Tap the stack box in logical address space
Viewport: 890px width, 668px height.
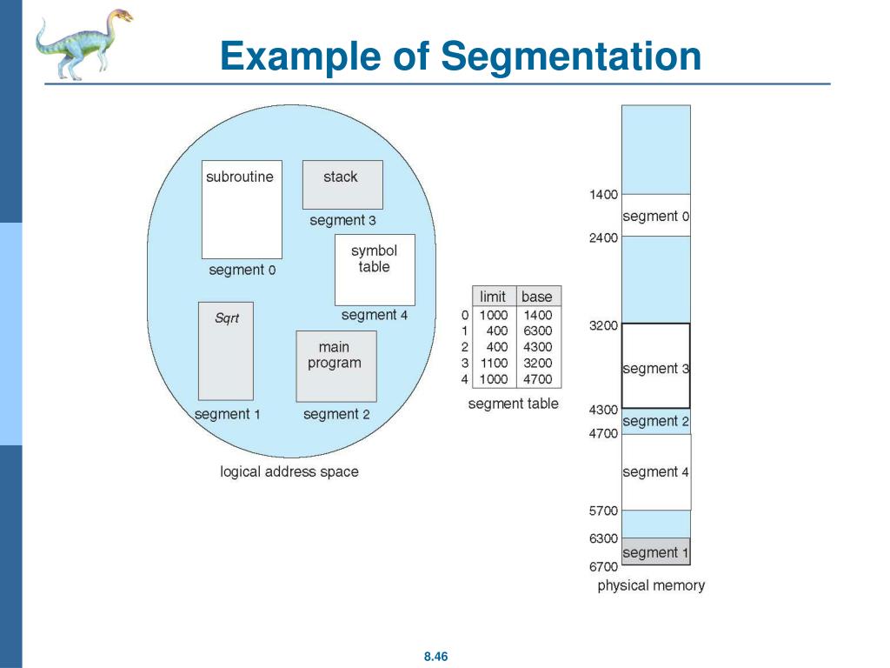coord(342,184)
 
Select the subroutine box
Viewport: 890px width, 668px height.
coord(241,209)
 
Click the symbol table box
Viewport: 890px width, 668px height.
coord(375,269)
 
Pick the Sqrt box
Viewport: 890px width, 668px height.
coord(226,350)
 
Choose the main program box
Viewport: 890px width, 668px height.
coord(335,364)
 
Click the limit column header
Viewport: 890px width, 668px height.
coord(493,297)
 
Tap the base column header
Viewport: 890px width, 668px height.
coord(537,297)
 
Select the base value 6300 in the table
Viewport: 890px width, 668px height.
coord(538,331)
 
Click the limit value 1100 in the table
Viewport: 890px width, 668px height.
coord(494,364)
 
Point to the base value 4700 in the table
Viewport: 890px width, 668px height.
coord(538,379)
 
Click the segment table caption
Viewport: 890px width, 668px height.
coord(513,404)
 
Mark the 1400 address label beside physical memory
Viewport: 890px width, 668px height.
coord(603,195)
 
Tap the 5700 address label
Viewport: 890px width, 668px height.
coord(603,511)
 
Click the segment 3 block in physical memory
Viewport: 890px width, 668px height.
coord(656,366)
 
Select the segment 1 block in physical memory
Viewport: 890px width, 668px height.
coord(656,552)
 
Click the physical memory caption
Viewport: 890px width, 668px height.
coord(651,585)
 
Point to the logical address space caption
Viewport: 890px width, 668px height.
coord(289,471)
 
